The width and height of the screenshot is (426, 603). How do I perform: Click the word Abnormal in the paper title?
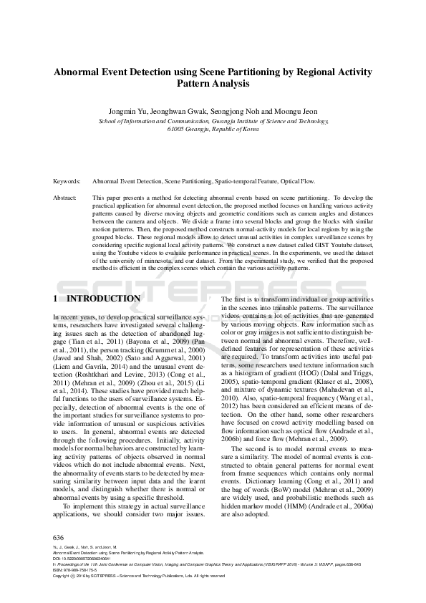(78, 72)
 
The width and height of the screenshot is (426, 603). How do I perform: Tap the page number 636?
(59, 536)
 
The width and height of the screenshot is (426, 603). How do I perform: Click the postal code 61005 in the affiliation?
(176, 130)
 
